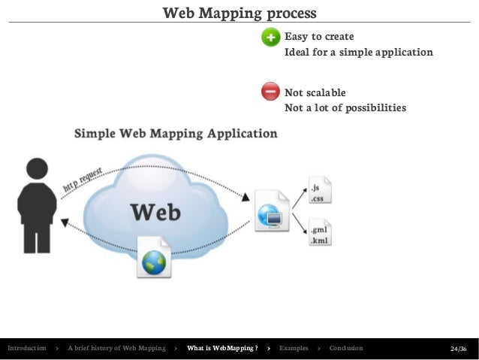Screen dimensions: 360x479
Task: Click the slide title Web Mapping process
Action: pos(239,14)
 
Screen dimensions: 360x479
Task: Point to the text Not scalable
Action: pos(315,92)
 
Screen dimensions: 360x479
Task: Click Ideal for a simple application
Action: pos(358,53)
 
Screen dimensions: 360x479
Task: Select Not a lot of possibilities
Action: pos(345,107)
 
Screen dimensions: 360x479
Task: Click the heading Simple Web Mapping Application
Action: pos(175,135)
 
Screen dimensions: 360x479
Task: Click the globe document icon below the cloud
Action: pos(155,258)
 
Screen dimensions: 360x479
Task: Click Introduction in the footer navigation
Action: pos(26,349)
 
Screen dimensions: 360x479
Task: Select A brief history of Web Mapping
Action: pos(116,349)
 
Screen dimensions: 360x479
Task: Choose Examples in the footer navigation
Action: pos(294,349)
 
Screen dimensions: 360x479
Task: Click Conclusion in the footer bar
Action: pos(346,349)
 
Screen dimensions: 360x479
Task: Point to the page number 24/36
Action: pos(458,349)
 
